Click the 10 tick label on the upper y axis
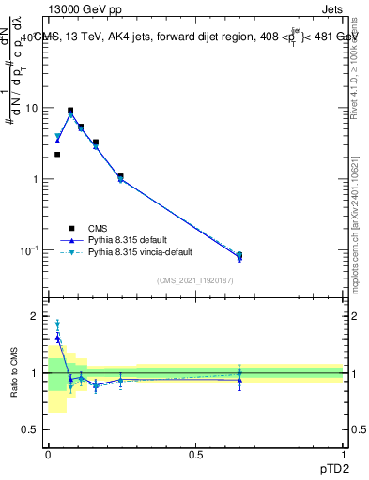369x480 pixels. (33, 108)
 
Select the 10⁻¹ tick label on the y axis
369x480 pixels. (31, 250)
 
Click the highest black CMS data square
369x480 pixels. (70, 111)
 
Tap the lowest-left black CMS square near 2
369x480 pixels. (57, 155)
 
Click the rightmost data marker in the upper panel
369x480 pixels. (239, 256)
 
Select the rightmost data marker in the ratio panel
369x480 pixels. (239, 379)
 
